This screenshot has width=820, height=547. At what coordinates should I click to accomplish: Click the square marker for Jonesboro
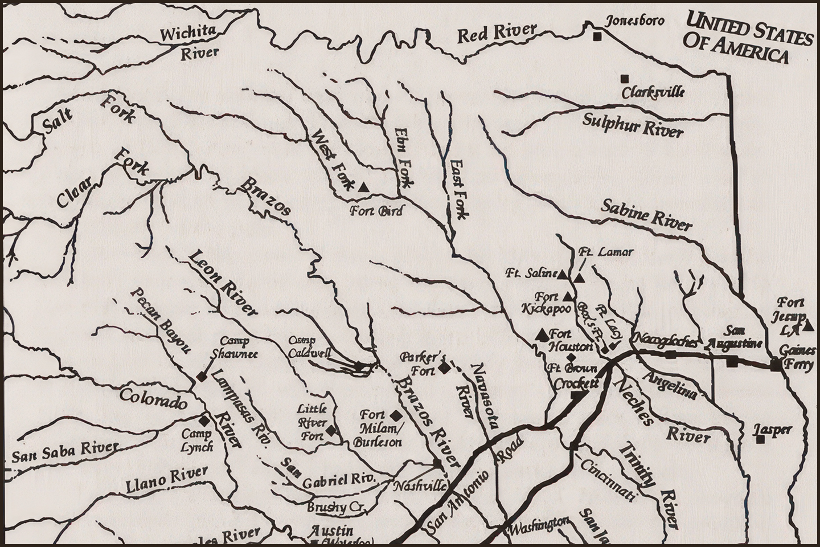tap(597, 37)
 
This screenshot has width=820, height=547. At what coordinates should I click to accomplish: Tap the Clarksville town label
tap(654, 91)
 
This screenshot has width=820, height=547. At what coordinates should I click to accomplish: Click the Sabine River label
tap(647, 215)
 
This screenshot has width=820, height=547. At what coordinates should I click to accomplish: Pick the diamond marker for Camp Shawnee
tap(201, 377)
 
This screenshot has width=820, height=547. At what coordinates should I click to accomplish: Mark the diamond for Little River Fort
tap(331, 431)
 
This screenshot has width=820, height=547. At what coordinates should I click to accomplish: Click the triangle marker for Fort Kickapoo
tap(567, 296)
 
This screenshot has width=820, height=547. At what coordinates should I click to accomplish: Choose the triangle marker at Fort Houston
tap(542, 334)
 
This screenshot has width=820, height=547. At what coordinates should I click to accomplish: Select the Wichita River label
tap(188, 43)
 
